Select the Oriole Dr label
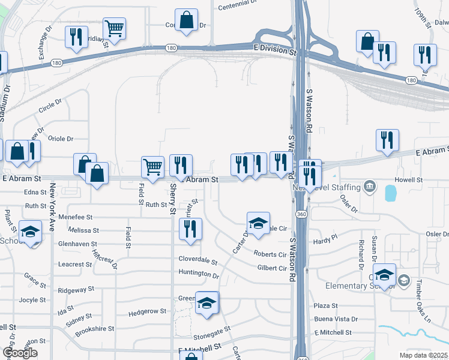[x=60, y=139]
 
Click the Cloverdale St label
[x=197, y=260]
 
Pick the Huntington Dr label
[x=199, y=274]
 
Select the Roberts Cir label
[x=270, y=254]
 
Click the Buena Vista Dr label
[x=336, y=319]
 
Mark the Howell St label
[x=409, y=179]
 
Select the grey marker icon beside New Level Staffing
[x=370, y=187]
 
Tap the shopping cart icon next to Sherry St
[x=152, y=167]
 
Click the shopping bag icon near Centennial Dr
[x=186, y=19]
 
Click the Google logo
[x=20, y=353]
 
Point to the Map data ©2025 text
[x=423, y=355]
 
